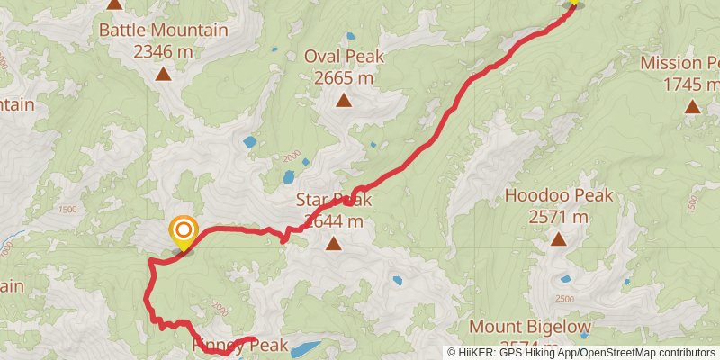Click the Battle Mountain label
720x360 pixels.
[163, 30]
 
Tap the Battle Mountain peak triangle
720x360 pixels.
[163, 74]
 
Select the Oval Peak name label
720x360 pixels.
[344, 57]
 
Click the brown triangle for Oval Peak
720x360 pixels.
[344, 100]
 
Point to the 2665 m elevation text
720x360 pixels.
[344, 78]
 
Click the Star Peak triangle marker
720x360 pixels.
[334, 243]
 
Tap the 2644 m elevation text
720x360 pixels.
[334, 220]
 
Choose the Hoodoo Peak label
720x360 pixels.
[558, 195]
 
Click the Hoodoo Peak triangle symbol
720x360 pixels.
[558, 239]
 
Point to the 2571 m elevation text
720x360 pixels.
[558, 217]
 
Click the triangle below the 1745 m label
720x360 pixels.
[691, 106]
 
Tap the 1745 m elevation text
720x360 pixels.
[691, 85]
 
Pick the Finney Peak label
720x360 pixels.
[239, 346]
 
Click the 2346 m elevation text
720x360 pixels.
[163, 51]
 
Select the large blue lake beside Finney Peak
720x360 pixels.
[306, 347]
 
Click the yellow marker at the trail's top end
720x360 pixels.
[572, 3]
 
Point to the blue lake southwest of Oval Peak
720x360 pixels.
[249, 142]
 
